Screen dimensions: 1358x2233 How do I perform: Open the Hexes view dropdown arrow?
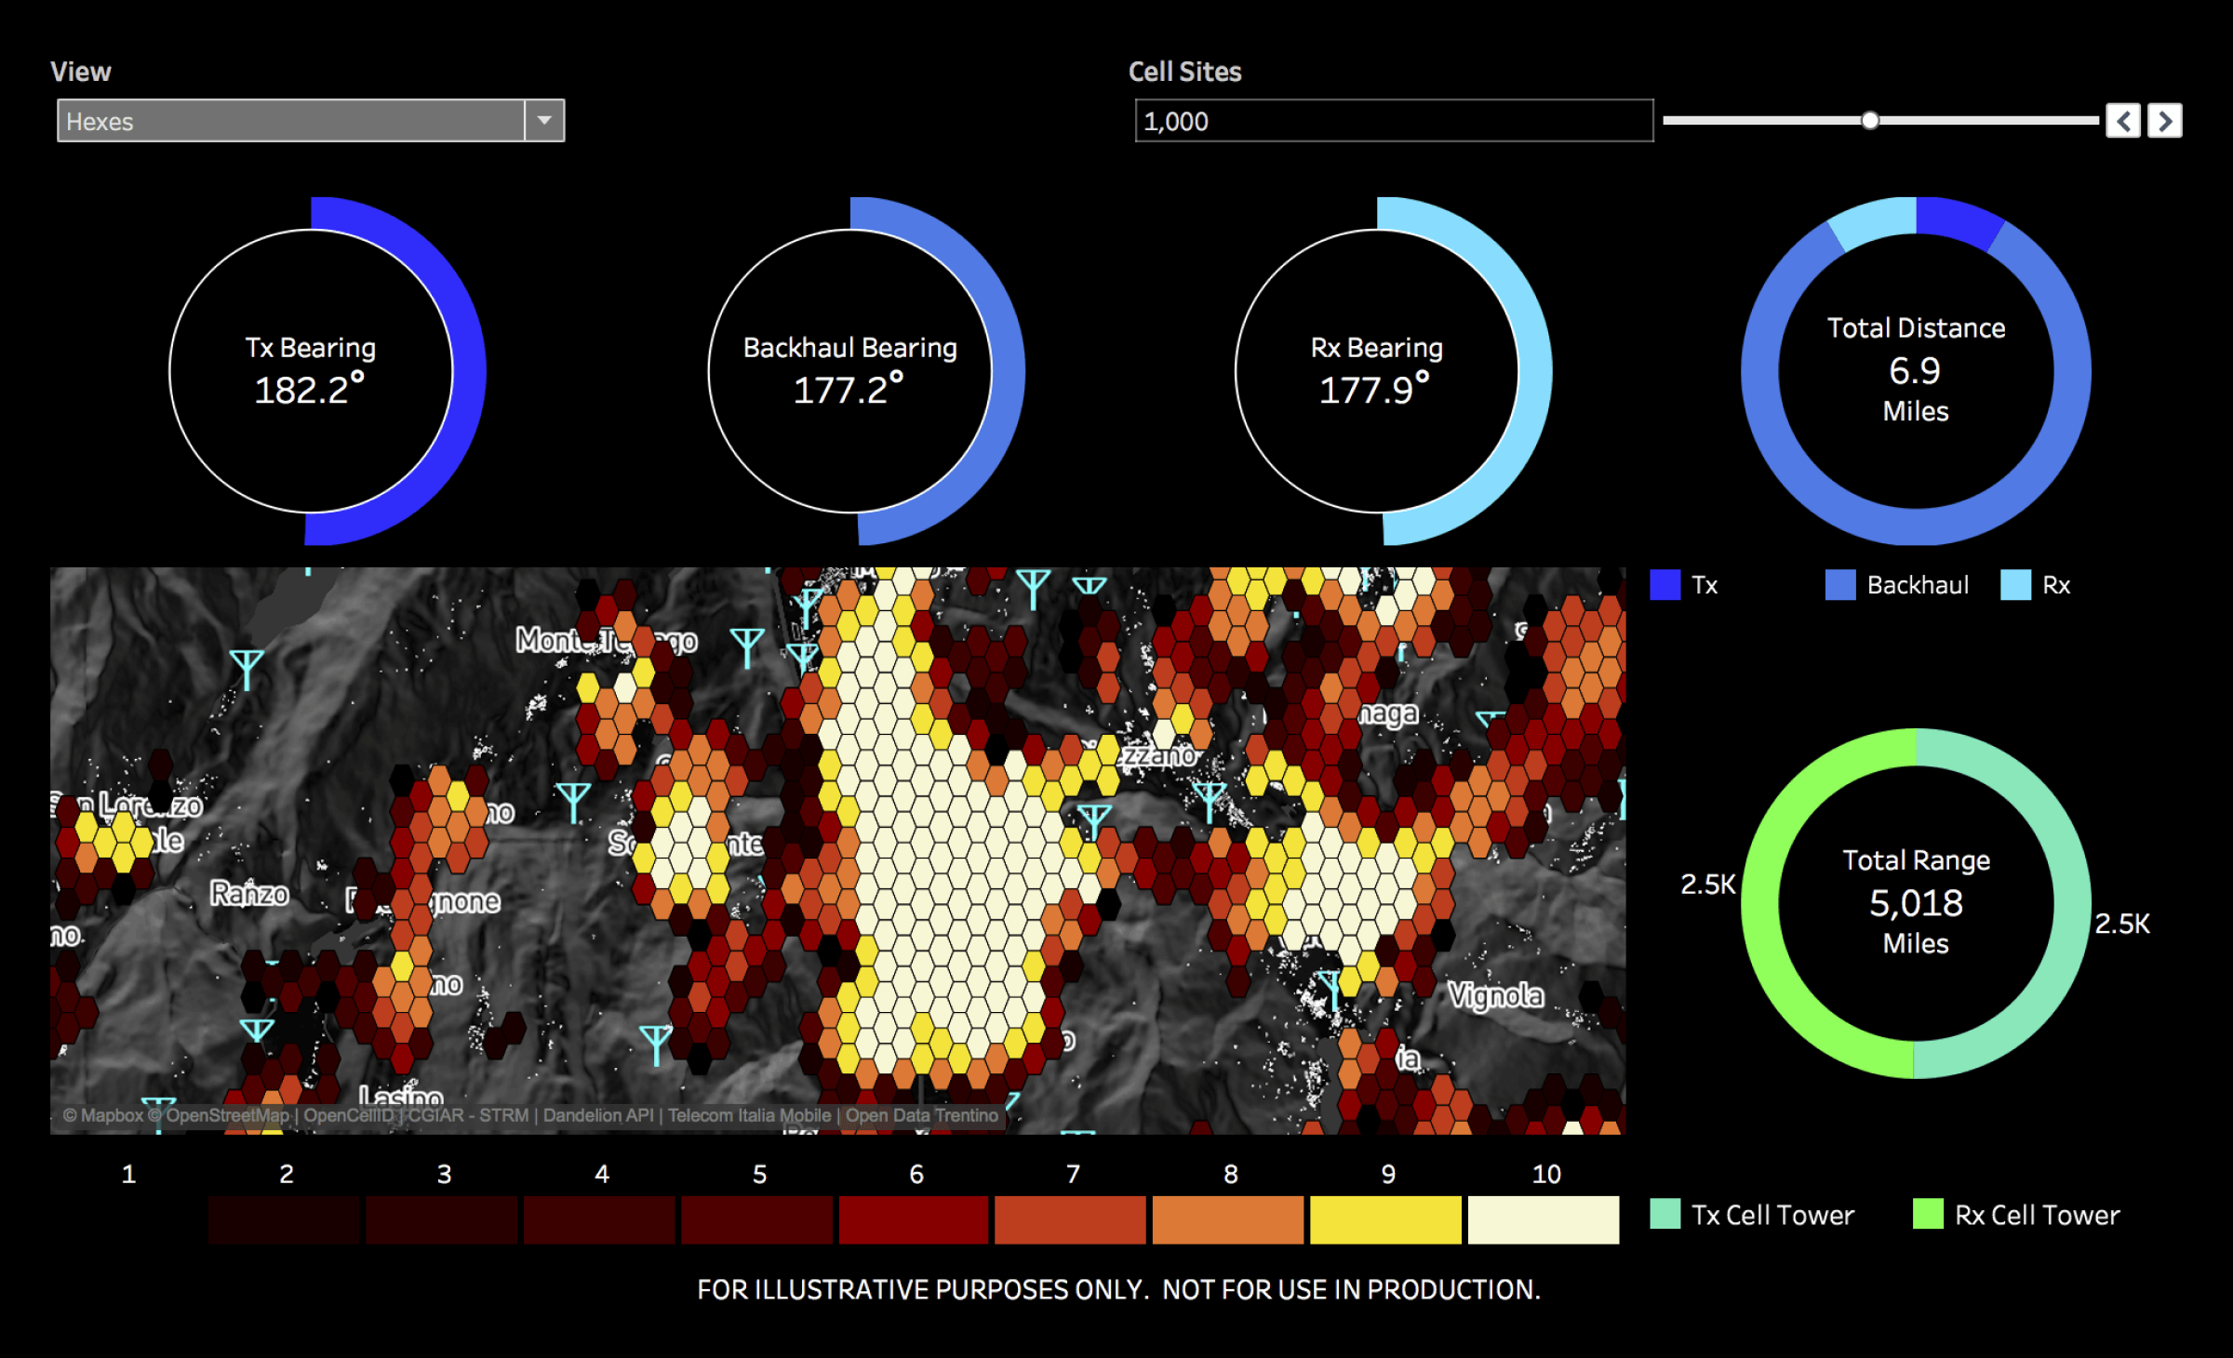544,121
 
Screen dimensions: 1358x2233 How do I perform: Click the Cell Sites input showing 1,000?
1393,121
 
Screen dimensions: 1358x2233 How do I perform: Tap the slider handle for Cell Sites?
1870,120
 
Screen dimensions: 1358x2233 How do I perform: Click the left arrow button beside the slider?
2122,121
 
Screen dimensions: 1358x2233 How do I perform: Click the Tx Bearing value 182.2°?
309,390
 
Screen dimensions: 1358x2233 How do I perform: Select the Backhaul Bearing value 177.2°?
849,390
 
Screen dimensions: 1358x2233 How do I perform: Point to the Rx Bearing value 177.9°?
1375,390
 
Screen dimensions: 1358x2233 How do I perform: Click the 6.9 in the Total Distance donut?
1915,371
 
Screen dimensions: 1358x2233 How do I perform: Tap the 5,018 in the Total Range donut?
1916,903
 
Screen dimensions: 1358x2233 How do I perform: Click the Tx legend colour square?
1665,585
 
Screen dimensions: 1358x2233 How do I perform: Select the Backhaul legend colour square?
1839,585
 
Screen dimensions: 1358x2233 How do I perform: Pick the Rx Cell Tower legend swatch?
1928,1214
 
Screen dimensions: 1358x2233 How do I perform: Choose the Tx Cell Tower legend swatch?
1665,1214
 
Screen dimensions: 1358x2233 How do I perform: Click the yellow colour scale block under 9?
1385,1219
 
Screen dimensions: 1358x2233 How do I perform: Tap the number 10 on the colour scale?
1546,1174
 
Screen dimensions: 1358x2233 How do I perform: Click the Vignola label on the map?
1495,995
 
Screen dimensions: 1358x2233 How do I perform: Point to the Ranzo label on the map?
249,894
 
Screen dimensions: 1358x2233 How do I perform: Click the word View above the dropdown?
81,72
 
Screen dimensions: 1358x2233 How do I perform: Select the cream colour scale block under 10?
1544,1219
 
